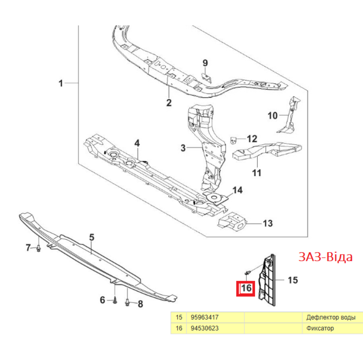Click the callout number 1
[61, 83]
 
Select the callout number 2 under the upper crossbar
[169, 103]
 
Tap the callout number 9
[205, 63]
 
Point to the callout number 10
[273, 115]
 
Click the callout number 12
[252, 139]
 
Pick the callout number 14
[237, 190]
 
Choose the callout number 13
[268, 223]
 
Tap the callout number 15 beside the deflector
[293, 280]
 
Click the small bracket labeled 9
[206, 78]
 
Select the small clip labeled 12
[233, 140]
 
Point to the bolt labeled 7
[38, 249]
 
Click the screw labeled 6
[115, 301]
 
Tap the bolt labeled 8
[127, 302]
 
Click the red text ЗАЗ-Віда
[325, 257]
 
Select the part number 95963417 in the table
[205, 317]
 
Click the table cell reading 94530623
[205, 328]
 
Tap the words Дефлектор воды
[331, 317]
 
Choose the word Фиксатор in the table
[320, 328]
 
